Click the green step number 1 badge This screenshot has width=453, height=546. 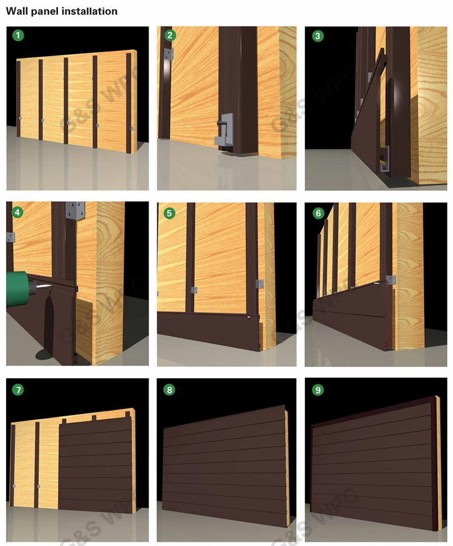tap(19, 35)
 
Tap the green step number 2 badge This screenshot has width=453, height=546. tap(170, 35)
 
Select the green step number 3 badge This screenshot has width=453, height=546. tap(318, 35)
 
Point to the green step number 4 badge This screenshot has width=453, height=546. tap(19, 212)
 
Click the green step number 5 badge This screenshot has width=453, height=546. tap(170, 212)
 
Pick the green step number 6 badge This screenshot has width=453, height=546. tap(318, 212)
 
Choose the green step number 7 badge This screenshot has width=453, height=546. tap(19, 389)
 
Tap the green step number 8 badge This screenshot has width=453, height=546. tap(170, 389)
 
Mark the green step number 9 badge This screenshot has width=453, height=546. tap(318, 389)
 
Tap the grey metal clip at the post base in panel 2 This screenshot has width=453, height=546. tap(223, 130)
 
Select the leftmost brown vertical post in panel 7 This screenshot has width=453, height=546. tap(13, 465)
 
